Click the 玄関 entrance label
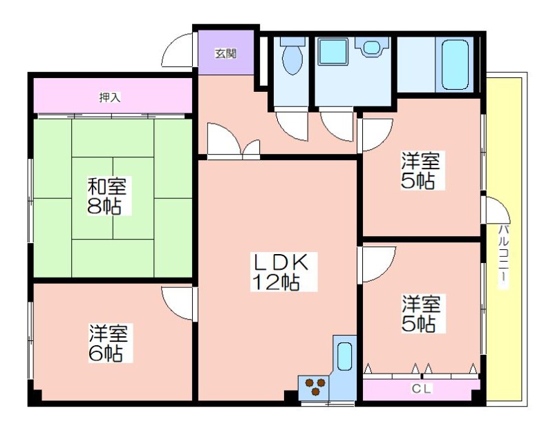click(226, 54)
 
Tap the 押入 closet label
click(110, 97)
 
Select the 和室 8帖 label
click(106, 196)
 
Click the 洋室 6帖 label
click(108, 343)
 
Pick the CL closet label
click(422, 389)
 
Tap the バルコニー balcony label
click(504, 253)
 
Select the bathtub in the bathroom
click(455, 64)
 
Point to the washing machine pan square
click(333, 52)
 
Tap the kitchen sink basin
click(344, 356)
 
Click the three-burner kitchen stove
click(315, 387)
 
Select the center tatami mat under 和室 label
click(113, 198)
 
